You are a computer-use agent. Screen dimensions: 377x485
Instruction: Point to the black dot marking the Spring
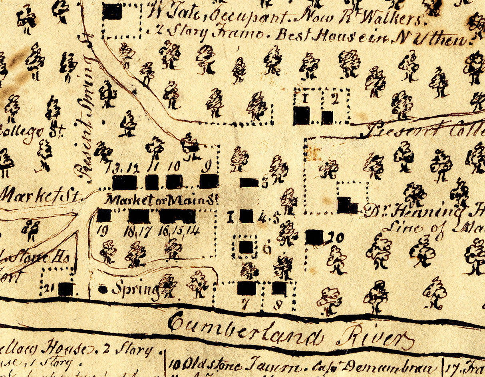point(103,289)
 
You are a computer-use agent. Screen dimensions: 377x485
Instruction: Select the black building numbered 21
point(65,289)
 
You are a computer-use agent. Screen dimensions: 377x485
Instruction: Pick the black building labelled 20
point(314,237)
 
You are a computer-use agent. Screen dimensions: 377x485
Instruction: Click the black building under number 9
point(209,181)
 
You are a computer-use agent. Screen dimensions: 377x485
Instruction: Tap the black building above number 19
point(103,215)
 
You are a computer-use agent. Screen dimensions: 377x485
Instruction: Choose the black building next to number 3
point(249,182)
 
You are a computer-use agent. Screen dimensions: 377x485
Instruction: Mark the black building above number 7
point(246,288)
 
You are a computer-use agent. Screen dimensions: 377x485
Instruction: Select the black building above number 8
point(279,288)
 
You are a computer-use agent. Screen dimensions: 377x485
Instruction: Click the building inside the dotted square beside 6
point(246,247)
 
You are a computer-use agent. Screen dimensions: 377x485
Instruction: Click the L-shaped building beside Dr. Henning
point(347,205)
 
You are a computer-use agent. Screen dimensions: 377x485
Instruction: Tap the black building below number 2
point(327,117)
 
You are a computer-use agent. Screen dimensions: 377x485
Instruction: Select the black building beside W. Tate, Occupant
point(112,12)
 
